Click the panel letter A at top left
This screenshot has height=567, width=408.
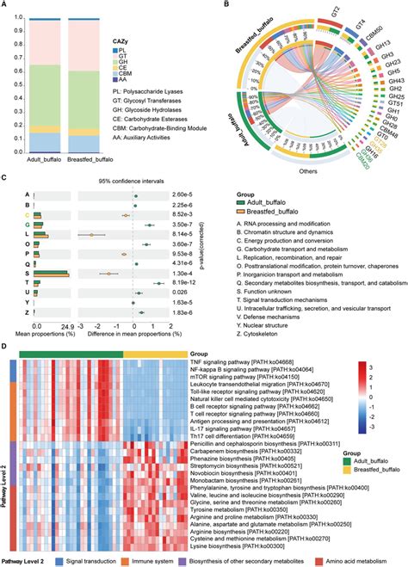coord(7,6)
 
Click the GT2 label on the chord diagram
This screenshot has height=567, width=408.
coord(323,15)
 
